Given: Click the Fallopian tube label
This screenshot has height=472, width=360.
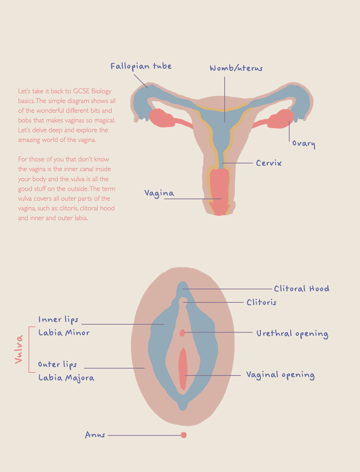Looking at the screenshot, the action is [x=141, y=66].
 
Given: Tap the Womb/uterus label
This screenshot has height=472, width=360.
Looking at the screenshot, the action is [x=236, y=68].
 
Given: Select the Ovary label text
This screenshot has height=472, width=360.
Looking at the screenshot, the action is [x=304, y=144].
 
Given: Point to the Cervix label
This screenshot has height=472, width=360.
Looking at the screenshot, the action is [x=268, y=163].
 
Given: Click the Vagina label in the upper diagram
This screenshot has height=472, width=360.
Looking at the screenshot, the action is [x=159, y=193].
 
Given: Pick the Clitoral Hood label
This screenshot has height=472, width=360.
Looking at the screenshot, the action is [x=301, y=289].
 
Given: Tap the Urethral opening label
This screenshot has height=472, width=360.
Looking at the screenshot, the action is [x=292, y=334].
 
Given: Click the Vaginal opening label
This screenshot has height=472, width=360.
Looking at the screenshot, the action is [x=280, y=375].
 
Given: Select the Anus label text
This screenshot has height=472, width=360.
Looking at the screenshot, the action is [x=95, y=435].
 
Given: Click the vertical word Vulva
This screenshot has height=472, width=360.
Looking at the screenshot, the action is [x=19, y=349].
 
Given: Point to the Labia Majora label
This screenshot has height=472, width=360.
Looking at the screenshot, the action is [x=66, y=378].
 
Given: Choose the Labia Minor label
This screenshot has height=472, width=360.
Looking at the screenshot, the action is [x=64, y=333].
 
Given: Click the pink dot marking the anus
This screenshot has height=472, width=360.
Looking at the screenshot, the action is [x=184, y=435].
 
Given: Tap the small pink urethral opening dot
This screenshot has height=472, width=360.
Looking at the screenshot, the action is [x=182, y=333].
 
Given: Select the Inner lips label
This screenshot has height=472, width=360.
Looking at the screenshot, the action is [x=58, y=319].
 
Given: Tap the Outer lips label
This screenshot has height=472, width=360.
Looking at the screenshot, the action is [x=58, y=364].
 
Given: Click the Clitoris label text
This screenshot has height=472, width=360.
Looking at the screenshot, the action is [x=262, y=302].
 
